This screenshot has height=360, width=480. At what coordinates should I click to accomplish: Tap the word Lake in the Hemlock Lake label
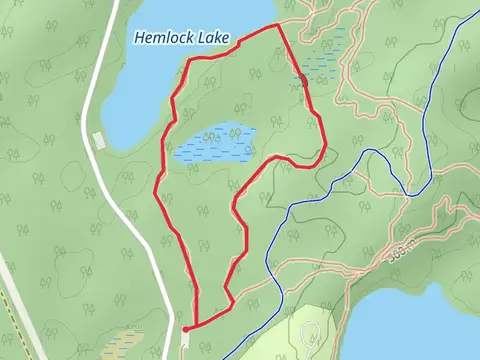tap(215, 38)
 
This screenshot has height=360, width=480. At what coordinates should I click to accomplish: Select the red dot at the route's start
tap(187, 328)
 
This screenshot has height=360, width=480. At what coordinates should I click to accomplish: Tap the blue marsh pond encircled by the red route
tap(213, 143)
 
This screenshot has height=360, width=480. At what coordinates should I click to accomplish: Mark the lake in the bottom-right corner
tap(420, 325)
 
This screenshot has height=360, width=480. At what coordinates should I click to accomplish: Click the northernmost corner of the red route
tap(277, 25)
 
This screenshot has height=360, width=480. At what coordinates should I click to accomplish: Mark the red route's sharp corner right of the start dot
tap(232, 302)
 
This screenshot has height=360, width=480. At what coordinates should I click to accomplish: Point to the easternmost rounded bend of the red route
tap(323, 150)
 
